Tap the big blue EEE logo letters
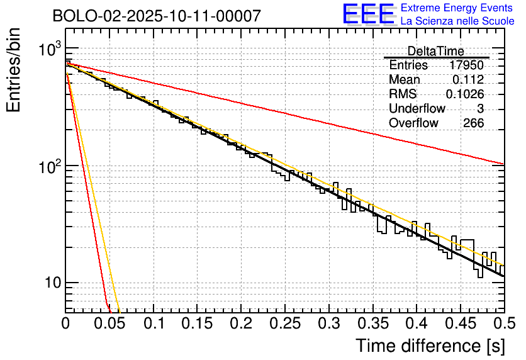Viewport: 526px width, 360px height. (368, 14)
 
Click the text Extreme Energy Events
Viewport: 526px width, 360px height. (457, 8)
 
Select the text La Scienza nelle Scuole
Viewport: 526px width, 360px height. (457, 21)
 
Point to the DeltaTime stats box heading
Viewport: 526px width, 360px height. (435, 51)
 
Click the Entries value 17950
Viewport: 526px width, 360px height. (467, 65)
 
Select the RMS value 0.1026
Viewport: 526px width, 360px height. (465, 94)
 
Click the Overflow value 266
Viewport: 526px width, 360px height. (473, 123)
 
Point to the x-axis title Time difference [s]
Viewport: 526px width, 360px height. (430, 346)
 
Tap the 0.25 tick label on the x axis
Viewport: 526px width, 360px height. (284, 323)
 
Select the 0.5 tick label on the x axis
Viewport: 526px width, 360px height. (503, 323)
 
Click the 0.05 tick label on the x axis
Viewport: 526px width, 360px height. (109, 323)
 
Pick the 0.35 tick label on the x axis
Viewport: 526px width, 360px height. (372, 323)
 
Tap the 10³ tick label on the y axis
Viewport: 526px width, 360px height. (47, 50)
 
